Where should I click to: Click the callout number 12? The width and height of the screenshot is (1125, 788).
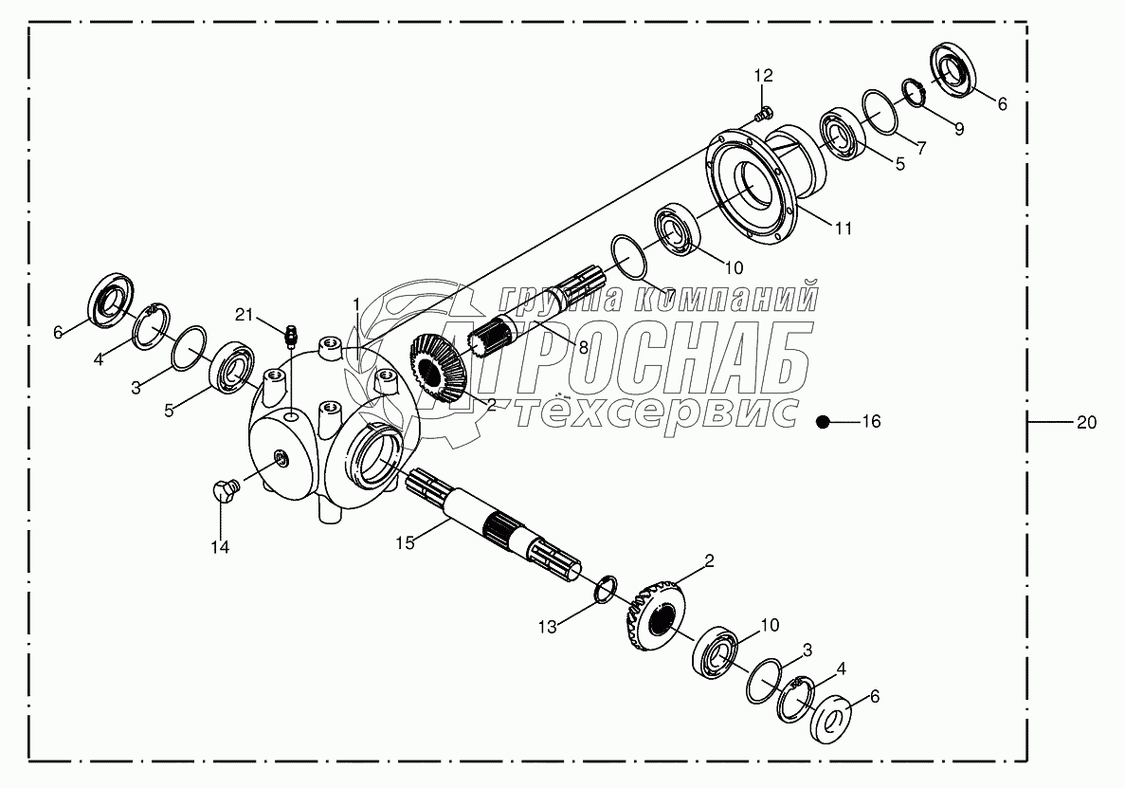click(x=764, y=75)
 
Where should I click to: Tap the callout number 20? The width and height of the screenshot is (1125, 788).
click(x=1086, y=423)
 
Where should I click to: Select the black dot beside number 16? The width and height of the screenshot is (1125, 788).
click(x=826, y=422)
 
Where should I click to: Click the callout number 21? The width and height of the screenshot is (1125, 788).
click(x=245, y=315)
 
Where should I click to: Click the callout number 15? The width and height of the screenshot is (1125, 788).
click(x=405, y=543)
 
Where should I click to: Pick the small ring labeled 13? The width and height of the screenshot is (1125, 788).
click(x=606, y=590)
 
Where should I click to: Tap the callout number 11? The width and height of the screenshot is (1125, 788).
click(x=844, y=229)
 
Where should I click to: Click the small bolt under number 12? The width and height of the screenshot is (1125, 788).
click(x=761, y=116)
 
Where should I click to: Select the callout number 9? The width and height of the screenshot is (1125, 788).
click(x=959, y=130)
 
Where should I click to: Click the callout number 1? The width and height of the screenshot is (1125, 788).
click(x=356, y=302)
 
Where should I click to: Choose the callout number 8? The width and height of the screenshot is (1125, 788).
click(x=583, y=348)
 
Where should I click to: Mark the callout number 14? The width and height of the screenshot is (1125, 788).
click(x=220, y=547)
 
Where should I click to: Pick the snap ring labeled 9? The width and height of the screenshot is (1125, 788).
click(x=912, y=93)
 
